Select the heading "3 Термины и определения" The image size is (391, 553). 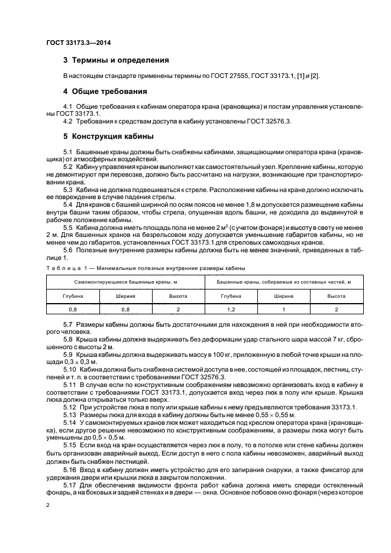pyautogui.click(x=116, y=60)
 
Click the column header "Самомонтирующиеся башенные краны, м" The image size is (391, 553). pyautogui.click(x=125, y=282)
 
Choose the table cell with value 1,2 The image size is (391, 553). pyautogui.click(x=231, y=309)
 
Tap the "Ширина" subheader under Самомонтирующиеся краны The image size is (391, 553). pyautogui.click(x=126, y=295)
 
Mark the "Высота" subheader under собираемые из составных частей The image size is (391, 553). pyautogui.click(x=337, y=295)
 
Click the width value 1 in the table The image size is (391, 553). pyautogui.click(x=284, y=309)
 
